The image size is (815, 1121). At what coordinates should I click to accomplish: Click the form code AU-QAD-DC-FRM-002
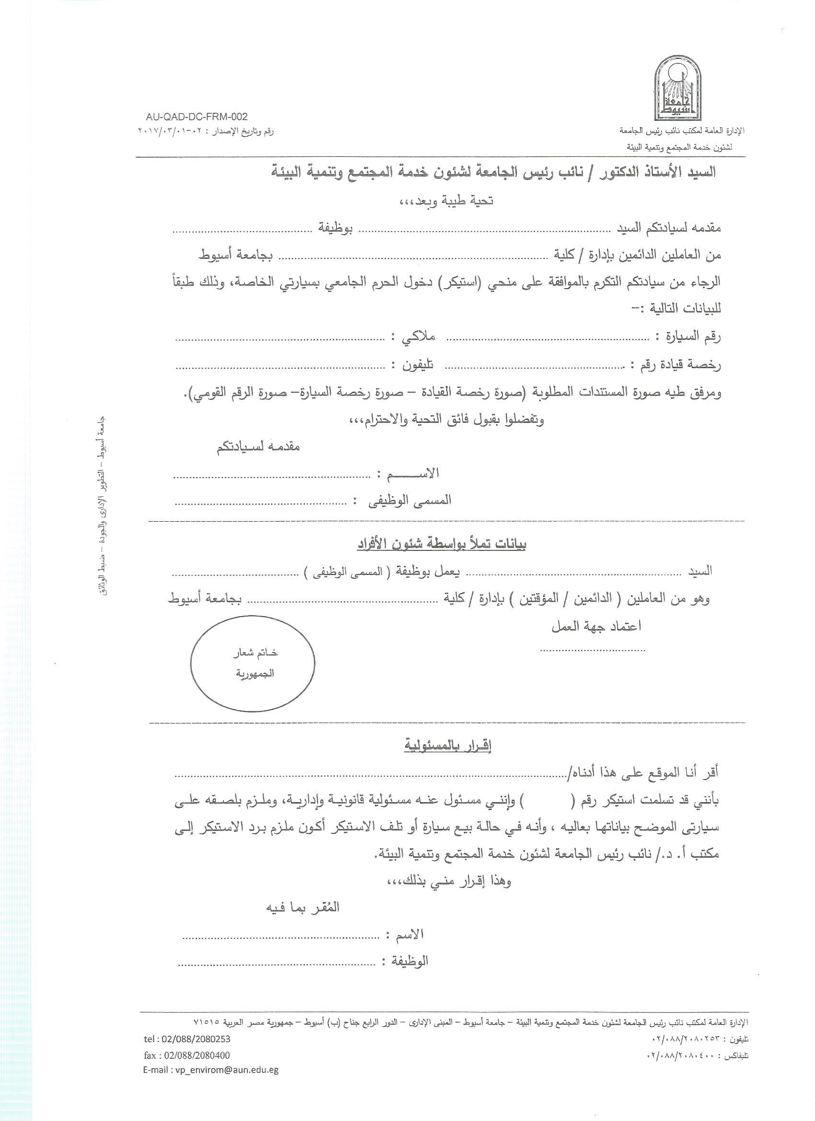(x=197, y=117)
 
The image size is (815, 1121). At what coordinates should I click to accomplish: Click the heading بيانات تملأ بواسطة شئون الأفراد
(x=442, y=545)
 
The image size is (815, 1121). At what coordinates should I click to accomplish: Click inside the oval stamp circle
(x=253, y=663)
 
